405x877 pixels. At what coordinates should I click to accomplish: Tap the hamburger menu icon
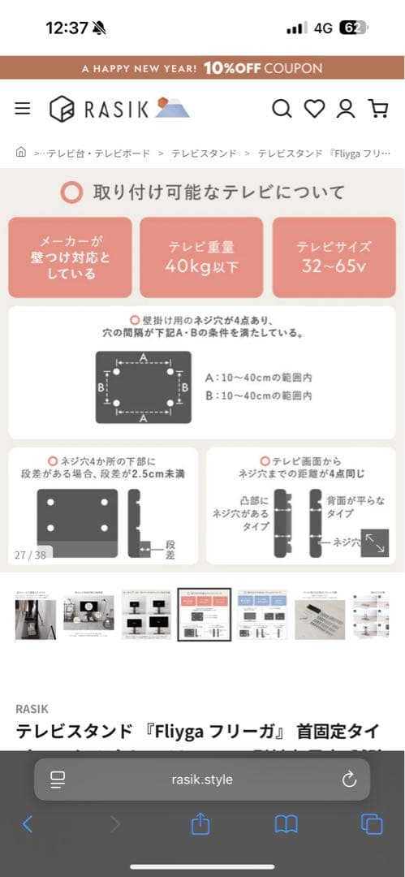pyautogui.click(x=22, y=108)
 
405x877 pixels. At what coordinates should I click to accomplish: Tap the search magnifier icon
pyautogui.click(x=282, y=108)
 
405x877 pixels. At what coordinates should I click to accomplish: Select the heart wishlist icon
pyautogui.click(x=314, y=108)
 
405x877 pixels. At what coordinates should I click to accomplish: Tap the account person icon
pyautogui.click(x=346, y=108)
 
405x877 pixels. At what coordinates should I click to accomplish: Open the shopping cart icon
pyautogui.click(x=377, y=108)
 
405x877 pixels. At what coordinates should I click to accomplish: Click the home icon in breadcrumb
pyautogui.click(x=21, y=152)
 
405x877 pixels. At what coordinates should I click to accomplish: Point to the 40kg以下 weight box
pyautogui.click(x=201, y=257)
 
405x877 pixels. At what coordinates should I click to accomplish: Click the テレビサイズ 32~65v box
pyautogui.click(x=334, y=257)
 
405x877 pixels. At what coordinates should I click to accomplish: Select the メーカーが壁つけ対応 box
pyautogui.click(x=70, y=257)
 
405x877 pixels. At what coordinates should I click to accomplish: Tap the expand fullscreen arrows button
pyautogui.click(x=374, y=543)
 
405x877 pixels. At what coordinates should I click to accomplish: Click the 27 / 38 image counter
pyautogui.click(x=30, y=555)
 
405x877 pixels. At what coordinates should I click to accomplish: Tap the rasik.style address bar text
pyautogui.click(x=202, y=780)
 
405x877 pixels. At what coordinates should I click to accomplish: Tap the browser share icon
pyautogui.click(x=200, y=824)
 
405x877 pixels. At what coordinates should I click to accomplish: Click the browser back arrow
pyautogui.click(x=28, y=824)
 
